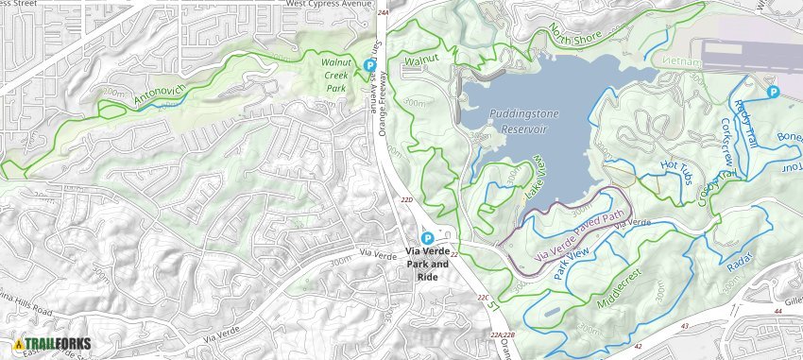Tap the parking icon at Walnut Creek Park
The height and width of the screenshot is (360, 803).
(370, 64)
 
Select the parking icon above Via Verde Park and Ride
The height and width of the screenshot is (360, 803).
(427, 238)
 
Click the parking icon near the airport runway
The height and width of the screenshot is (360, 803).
(773, 92)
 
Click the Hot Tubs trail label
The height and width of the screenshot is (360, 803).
(676, 167)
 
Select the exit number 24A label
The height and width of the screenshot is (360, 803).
(383, 13)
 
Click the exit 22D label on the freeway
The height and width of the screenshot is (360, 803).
(407, 200)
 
